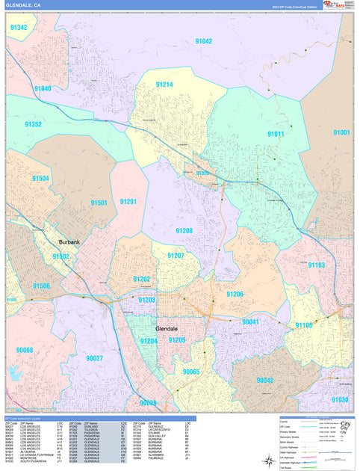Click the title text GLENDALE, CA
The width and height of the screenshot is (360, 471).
[x=22, y=7]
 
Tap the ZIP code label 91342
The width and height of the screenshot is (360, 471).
[x=19, y=28]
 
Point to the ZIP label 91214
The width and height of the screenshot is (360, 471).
[x=164, y=84]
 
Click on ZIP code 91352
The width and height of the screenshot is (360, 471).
[x=33, y=124]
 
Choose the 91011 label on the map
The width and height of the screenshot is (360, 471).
[x=276, y=134]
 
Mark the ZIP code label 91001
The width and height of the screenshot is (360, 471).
[x=341, y=132]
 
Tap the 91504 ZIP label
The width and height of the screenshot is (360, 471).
[x=40, y=179]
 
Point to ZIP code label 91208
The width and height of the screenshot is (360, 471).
[x=184, y=231]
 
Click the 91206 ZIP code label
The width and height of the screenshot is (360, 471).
[x=235, y=295]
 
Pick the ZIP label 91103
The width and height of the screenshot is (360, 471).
[x=317, y=265]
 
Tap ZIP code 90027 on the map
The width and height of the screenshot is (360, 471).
[x=94, y=358]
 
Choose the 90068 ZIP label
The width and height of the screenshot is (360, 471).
[x=25, y=350]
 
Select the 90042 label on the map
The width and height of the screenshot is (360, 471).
[x=265, y=380]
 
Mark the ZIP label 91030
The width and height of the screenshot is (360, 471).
[x=340, y=400]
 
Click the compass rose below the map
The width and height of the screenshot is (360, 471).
[x=267, y=461]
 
